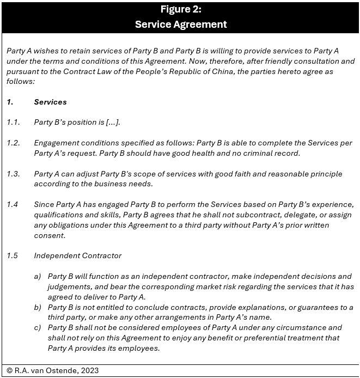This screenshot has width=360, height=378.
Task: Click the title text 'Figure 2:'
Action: click(180, 9)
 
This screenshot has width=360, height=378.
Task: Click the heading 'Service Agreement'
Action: click(180, 24)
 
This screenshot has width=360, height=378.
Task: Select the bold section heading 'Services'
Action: click(50, 102)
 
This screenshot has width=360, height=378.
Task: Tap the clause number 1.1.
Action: click(14, 122)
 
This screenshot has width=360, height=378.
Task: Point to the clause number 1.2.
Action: click(14, 143)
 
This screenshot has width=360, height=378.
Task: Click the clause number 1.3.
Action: click(14, 174)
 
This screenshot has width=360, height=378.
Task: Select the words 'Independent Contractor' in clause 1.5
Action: click(78, 255)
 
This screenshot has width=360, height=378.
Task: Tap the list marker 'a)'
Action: click(38, 277)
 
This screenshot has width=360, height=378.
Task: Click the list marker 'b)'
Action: click(38, 307)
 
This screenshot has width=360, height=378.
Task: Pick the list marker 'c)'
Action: click(38, 327)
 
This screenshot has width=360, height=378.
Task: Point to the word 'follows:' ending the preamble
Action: click(21, 81)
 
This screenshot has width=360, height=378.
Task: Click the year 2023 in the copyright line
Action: click(88, 370)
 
